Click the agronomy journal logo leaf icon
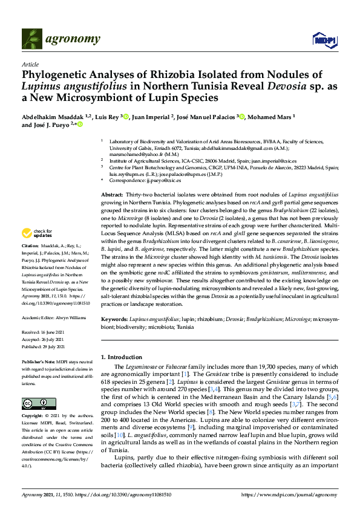pyautogui.click(x=32, y=39)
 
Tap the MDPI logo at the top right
pyautogui.click(x=323, y=40)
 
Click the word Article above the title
pyautogui.click(x=30, y=63)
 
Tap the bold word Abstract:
pyautogui.click(x=113, y=195)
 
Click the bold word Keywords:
pyautogui.click(x=114, y=318)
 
